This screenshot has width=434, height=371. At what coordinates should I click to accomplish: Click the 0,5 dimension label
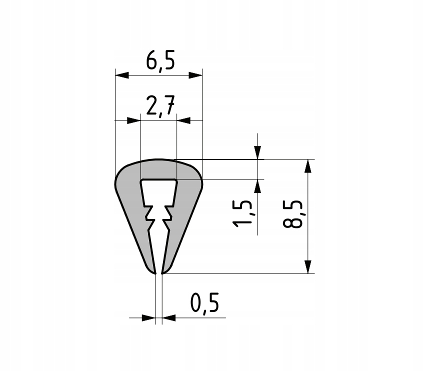(205, 303)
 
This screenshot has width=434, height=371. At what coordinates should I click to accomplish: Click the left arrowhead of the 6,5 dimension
(122, 75)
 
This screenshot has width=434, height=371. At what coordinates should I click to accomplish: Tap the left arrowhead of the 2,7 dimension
(133, 120)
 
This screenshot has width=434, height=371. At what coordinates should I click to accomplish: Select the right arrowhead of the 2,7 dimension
(184, 120)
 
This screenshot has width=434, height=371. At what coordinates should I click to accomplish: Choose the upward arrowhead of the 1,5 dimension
(257, 186)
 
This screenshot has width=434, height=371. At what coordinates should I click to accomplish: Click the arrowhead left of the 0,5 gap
(149, 317)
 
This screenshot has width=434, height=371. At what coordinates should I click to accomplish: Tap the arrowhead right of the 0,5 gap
(168, 317)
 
